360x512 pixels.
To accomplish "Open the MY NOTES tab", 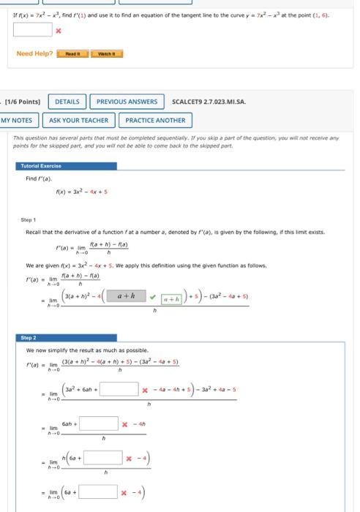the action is coord(17,120).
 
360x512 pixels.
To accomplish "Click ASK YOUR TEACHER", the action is coord(79,120).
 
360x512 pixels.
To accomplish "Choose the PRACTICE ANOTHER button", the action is coord(155,120).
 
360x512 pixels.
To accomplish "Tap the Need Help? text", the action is coord(34,53).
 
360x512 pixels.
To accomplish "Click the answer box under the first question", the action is coord(32,30).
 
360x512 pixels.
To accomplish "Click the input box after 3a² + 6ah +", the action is coord(125,388).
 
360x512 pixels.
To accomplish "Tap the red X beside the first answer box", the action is coord(58,31).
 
